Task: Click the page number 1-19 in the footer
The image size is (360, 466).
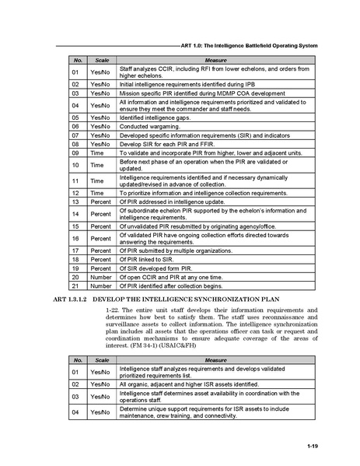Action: (x=312, y=445)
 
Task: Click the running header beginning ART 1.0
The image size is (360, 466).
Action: (x=249, y=46)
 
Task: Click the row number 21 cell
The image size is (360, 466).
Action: (x=76, y=286)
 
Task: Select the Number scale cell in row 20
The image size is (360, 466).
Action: (x=100, y=276)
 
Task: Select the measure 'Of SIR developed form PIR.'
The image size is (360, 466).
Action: (x=160, y=267)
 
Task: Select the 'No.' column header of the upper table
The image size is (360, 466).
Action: (x=76, y=59)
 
